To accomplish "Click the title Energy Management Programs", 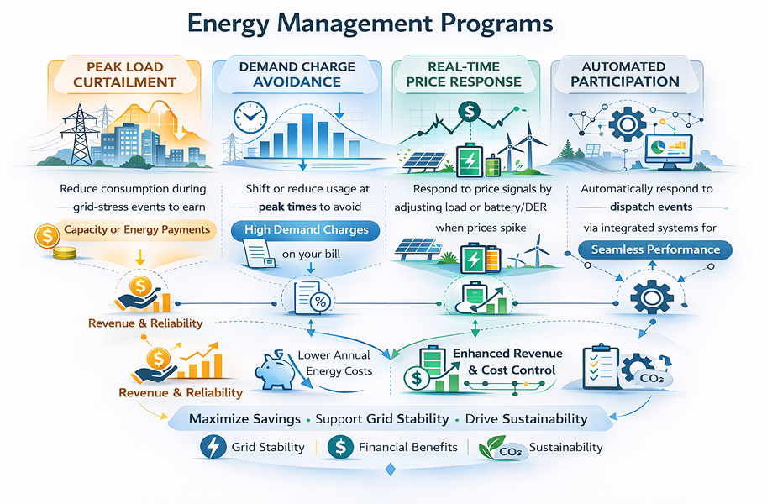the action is coord(370,24).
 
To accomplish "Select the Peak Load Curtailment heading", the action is coord(124,75).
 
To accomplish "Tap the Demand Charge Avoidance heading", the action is coord(297,74).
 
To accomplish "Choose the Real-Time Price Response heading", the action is coord(464,74).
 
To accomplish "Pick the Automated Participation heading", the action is coord(625,74).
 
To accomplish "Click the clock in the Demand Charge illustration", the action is coord(250,118).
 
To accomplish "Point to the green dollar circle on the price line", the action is coord(469,112).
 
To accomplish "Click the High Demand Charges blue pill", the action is coord(305,230).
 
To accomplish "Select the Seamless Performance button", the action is coord(655,249).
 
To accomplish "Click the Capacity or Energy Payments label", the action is coord(136,229).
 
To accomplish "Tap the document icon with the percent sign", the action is coord(313,297).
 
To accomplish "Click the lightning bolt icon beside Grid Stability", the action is coord(213,447).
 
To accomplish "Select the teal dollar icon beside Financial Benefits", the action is coord(340,447).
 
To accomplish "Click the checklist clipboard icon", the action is coord(601,367).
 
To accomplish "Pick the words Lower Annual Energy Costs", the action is coord(335,363).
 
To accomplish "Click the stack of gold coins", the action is coord(65,253).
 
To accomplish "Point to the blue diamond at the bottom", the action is coord(391,470).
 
